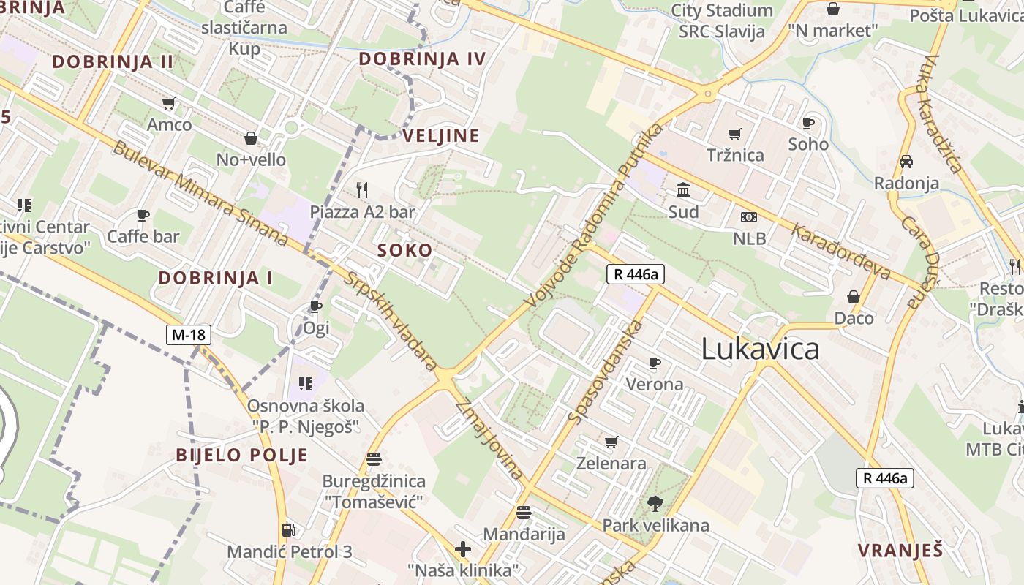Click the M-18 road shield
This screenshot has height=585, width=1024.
189,335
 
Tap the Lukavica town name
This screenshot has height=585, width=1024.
760,349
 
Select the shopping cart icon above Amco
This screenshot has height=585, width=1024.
169,104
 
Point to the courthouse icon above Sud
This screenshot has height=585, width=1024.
683,190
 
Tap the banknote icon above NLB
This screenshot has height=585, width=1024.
749,217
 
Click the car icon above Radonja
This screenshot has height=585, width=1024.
906,162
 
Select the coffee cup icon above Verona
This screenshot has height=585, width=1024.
654,363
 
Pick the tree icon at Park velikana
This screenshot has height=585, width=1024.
655,503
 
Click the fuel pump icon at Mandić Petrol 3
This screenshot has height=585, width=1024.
289,529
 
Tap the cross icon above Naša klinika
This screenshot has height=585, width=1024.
462,548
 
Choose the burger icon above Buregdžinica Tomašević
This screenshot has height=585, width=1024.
374,459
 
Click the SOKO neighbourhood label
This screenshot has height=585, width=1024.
404,250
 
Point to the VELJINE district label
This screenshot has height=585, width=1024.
441,135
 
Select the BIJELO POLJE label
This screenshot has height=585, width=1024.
241,455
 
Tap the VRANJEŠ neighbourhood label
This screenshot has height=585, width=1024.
900,551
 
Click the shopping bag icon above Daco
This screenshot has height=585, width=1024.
854,296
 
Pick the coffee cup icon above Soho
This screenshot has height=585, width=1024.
808,123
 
